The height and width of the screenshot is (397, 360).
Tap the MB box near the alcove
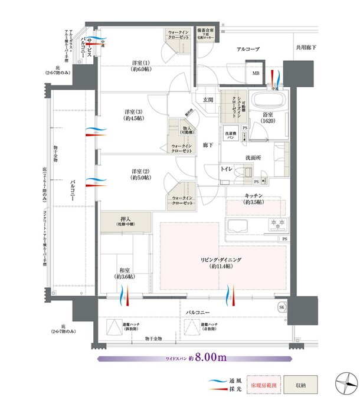(256, 74)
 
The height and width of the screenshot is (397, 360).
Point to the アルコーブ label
(248, 50)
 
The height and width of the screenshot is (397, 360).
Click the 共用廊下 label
(306, 47)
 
